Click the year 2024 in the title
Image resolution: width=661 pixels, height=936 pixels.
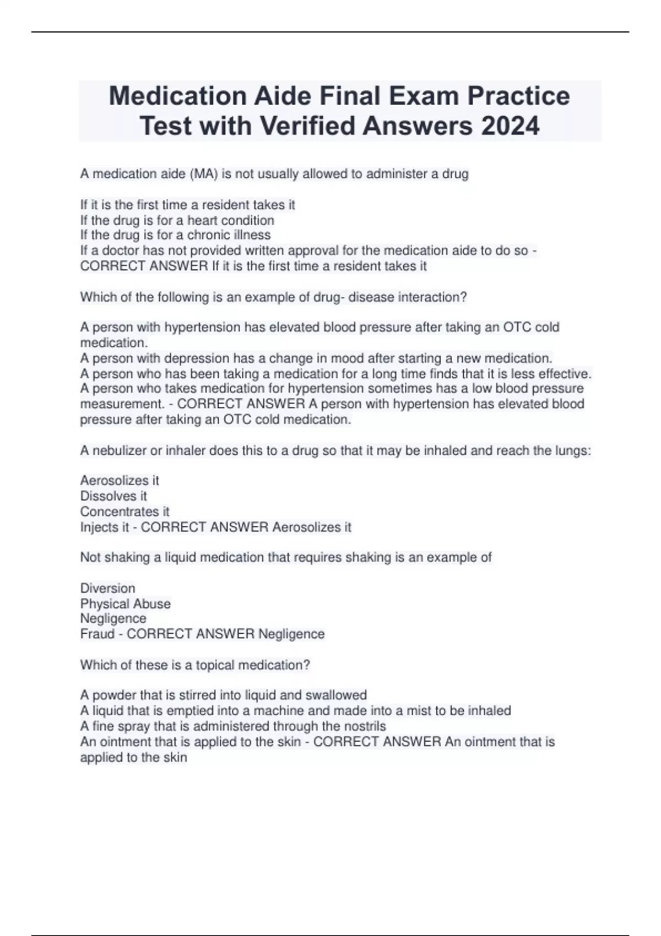point(510,126)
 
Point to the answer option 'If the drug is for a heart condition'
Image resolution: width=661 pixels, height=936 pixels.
point(177,220)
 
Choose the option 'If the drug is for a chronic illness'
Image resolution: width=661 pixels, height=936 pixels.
point(175,235)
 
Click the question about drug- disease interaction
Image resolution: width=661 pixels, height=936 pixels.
point(273,297)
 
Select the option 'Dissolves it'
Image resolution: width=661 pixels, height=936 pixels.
point(113,496)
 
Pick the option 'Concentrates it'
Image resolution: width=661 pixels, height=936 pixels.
point(124,511)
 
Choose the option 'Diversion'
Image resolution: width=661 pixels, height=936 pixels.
point(107,588)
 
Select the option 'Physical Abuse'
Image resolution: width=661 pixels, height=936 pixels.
point(125,603)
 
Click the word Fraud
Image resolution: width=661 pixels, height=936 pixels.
point(97,634)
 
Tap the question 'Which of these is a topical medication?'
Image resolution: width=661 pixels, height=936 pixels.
point(195,665)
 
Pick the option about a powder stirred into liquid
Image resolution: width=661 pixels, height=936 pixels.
point(223,695)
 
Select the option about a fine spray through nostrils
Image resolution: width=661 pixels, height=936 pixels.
point(232,726)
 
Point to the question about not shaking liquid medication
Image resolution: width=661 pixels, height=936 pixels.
point(285,557)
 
